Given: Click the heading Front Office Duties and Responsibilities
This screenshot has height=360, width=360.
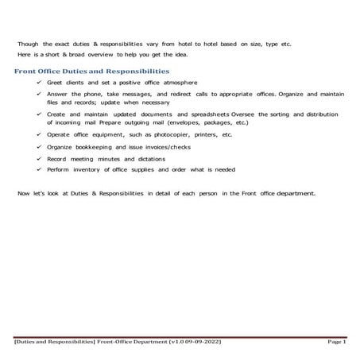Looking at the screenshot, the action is (91, 72).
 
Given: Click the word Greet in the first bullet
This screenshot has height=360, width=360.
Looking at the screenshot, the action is (56, 82).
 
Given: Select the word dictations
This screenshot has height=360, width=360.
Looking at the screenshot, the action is (149, 159).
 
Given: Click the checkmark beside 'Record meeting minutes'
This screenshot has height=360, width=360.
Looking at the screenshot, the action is (39, 159).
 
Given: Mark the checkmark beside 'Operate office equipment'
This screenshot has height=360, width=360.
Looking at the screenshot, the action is (39, 134).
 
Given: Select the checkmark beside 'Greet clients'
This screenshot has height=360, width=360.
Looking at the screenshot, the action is (39, 82).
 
